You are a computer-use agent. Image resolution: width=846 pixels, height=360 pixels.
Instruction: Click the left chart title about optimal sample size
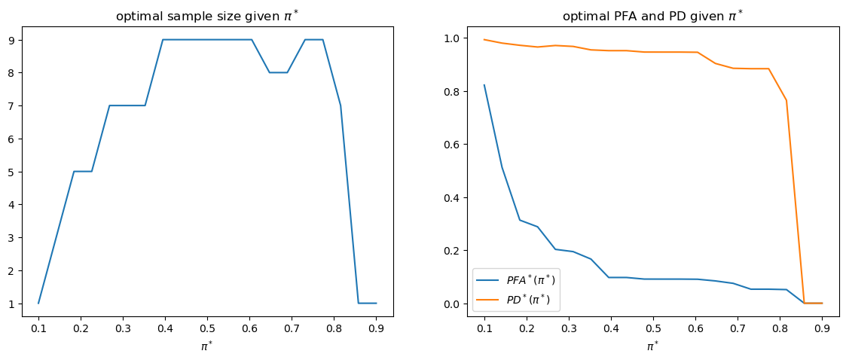point(207,16)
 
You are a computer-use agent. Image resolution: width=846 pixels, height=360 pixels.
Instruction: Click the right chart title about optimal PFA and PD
point(652,16)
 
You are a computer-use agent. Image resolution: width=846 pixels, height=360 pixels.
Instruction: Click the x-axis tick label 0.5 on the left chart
point(207,328)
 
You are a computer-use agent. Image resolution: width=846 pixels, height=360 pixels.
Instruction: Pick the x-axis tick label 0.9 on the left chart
point(377,328)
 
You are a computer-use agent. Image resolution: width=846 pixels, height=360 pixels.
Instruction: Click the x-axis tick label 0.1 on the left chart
point(38,328)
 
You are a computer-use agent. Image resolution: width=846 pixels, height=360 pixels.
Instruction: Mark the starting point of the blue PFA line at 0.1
point(484,85)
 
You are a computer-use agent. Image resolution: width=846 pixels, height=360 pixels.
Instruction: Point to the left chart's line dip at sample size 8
point(278,72)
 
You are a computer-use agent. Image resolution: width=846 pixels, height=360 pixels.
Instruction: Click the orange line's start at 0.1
point(484,39)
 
